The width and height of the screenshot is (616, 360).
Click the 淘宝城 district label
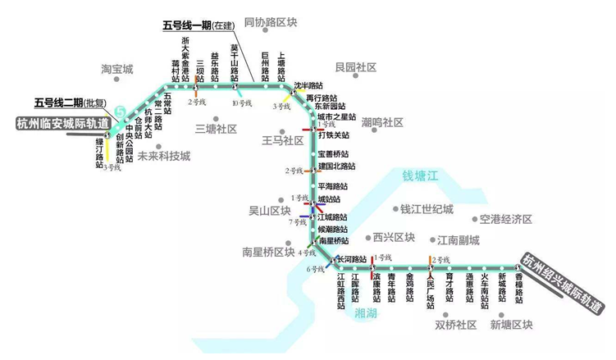click(116, 69)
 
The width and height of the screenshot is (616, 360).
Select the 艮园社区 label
click(356, 66)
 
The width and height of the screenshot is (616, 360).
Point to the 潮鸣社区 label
click(382, 122)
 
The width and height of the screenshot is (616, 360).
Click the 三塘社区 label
click(216, 129)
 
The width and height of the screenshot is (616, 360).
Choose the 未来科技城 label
click(163, 156)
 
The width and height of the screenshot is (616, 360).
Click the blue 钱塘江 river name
click(416, 175)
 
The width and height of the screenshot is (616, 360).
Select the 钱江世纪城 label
click(427, 209)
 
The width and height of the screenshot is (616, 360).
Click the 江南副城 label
click(458, 240)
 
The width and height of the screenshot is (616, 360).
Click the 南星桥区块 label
click(268, 252)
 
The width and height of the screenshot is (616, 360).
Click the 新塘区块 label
click(511, 325)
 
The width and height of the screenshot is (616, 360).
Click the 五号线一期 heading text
click(187, 25)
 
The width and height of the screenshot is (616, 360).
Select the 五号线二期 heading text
click(58, 103)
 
